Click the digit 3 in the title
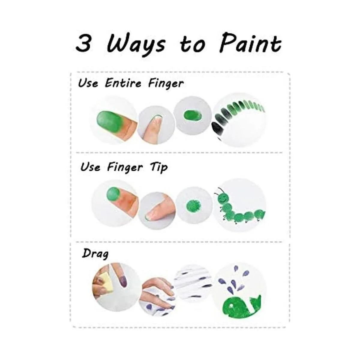click(83, 43)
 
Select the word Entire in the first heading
click(123, 83)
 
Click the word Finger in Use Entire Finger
click(166, 84)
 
